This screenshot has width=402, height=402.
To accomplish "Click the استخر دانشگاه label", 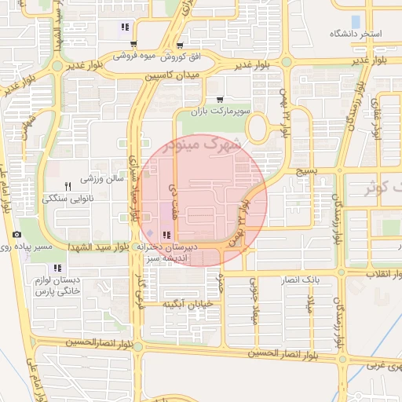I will click(356, 34).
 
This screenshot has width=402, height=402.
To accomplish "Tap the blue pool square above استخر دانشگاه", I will click(356, 21).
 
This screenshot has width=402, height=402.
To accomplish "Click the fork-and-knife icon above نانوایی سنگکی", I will click(68, 186).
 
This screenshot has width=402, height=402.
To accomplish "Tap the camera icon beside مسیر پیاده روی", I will click(16, 235).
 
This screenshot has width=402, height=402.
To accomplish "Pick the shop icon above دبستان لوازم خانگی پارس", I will click(57, 269).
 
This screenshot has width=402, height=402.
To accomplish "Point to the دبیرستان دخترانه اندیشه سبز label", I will click(168, 250).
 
